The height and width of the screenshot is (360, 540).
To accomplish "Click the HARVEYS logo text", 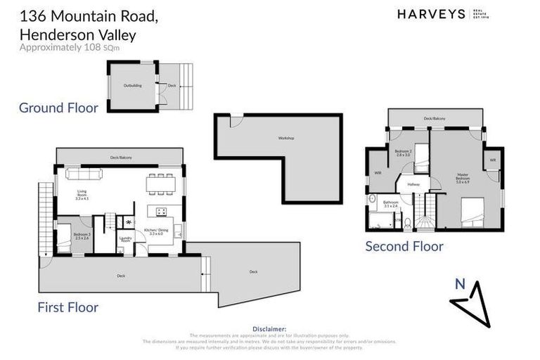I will click(x=431, y=14).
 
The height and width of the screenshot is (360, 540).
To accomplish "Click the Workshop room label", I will click(x=285, y=138).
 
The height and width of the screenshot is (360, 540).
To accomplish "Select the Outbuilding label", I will click(x=132, y=86).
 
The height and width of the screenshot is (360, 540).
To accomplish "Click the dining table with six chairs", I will click(x=160, y=181).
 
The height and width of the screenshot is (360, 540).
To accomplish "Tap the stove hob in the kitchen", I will click(x=160, y=211).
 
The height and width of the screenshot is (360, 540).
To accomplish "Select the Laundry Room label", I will click(x=127, y=239).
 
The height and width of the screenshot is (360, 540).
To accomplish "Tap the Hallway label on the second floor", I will click(x=413, y=184).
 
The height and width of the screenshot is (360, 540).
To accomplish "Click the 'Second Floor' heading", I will click(x=404, y=246).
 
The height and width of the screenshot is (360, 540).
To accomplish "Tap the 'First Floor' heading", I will click(x=68, y=307).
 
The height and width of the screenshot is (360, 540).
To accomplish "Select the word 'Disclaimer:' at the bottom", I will click(x=269, y=328).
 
